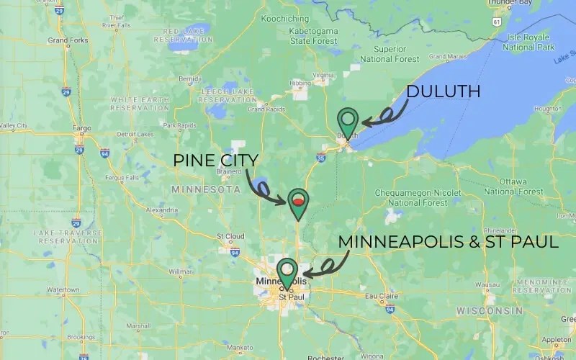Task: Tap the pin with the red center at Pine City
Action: point(297,202)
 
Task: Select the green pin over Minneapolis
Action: point(287,271)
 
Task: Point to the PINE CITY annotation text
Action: point(215,160)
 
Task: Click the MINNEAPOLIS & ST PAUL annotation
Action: point(448,242)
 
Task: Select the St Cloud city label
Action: point(230,235)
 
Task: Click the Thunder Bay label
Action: point(507,3)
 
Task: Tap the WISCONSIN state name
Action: point(490,310)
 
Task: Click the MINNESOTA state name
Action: point(206,189)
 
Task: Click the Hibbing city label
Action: point(300,84)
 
